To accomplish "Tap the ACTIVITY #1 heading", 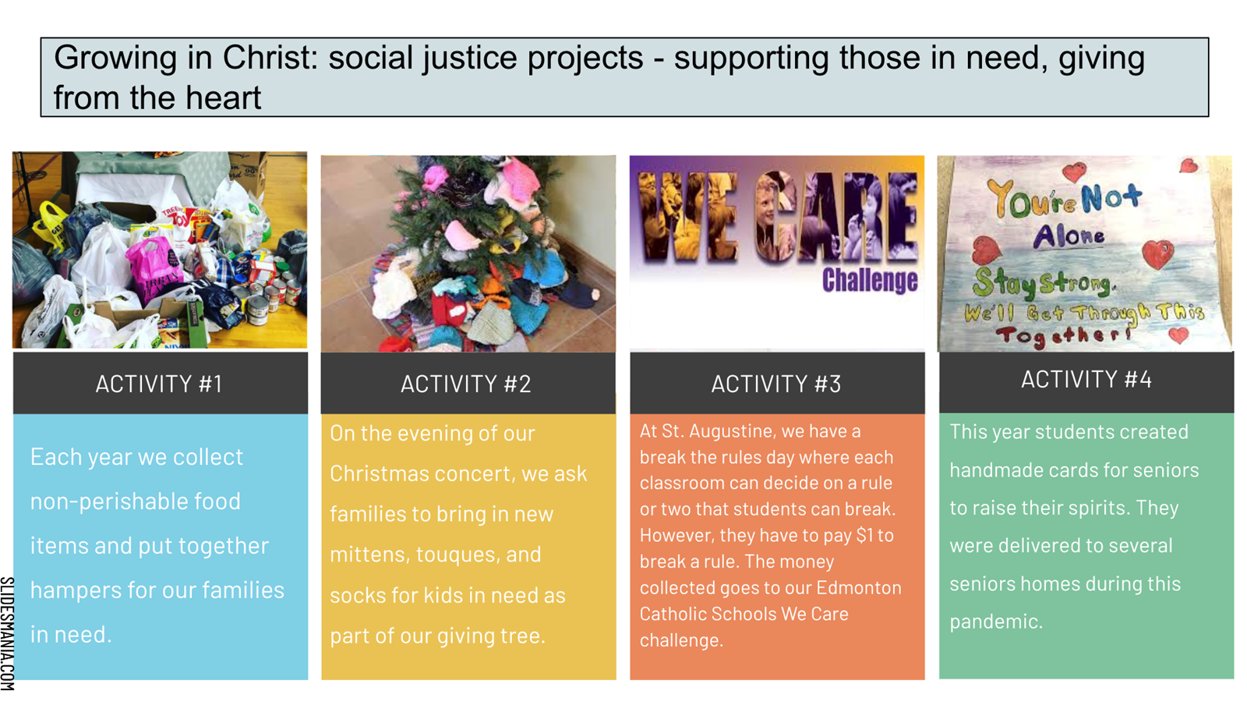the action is [159, 384].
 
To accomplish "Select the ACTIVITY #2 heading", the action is [466, 384].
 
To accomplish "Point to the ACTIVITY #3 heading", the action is [776, 384].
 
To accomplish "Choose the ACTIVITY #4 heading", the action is [1086, 380].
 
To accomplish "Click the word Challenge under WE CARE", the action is [870, 280].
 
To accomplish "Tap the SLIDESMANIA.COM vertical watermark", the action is [7, 634].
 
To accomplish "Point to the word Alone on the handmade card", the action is [1069, 236].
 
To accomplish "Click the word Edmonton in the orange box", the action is [859, 588].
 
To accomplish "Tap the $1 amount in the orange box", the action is [864, 536].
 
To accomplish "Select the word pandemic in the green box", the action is [996, 622].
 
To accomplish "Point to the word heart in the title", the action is [223, 98].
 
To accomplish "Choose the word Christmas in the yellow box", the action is [379, 474].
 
